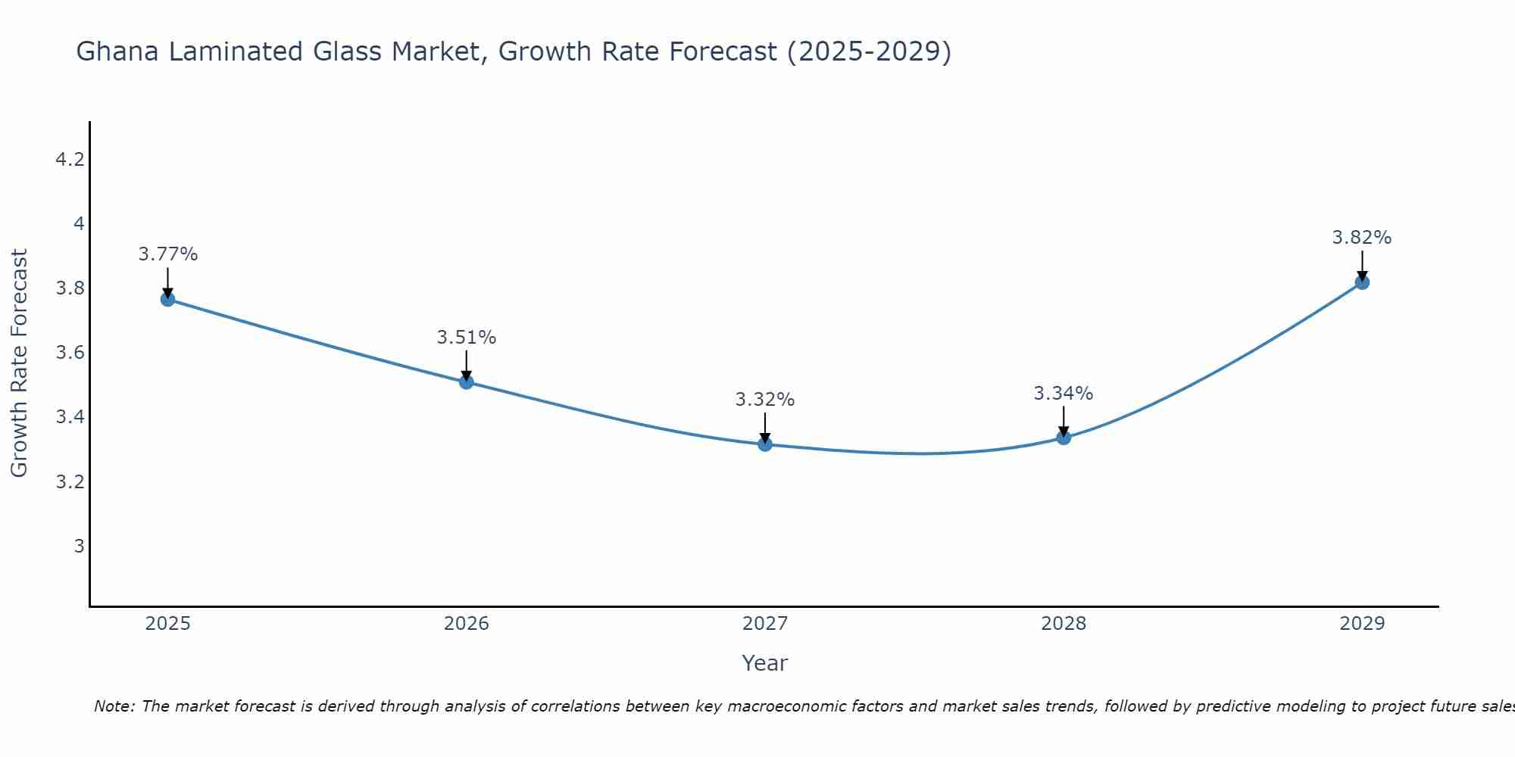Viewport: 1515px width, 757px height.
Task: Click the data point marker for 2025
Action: [167, 299]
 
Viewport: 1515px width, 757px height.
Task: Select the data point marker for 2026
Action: [467, 382]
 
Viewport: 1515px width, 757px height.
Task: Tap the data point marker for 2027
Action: [765, 444]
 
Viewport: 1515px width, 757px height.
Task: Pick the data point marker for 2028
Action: [1064, 438]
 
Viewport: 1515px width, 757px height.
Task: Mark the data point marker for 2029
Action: [1362, 282]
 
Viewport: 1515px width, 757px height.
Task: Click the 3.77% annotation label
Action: [167, 254]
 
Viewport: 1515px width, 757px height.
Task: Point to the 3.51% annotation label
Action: [467, 338]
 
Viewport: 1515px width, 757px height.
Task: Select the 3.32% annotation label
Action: [765, 400]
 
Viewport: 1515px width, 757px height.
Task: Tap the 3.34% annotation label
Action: [1064, 394]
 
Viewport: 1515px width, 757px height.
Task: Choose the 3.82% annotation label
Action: [1362, 238]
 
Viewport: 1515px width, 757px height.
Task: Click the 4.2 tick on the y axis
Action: [70, 160]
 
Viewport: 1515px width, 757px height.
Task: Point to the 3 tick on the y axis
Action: [79, 547]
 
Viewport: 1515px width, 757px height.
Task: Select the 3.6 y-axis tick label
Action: [70, 354]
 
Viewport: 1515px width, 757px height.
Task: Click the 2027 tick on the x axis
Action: [765, 624]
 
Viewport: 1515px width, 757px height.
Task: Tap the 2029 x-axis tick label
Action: [1362, 624]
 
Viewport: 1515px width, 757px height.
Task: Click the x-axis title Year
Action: [765, 663]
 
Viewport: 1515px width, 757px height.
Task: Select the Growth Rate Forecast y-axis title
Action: [19, 363]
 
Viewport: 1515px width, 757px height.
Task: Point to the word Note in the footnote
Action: [114, 706]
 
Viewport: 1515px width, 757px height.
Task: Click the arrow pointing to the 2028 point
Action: [1064, 422]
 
